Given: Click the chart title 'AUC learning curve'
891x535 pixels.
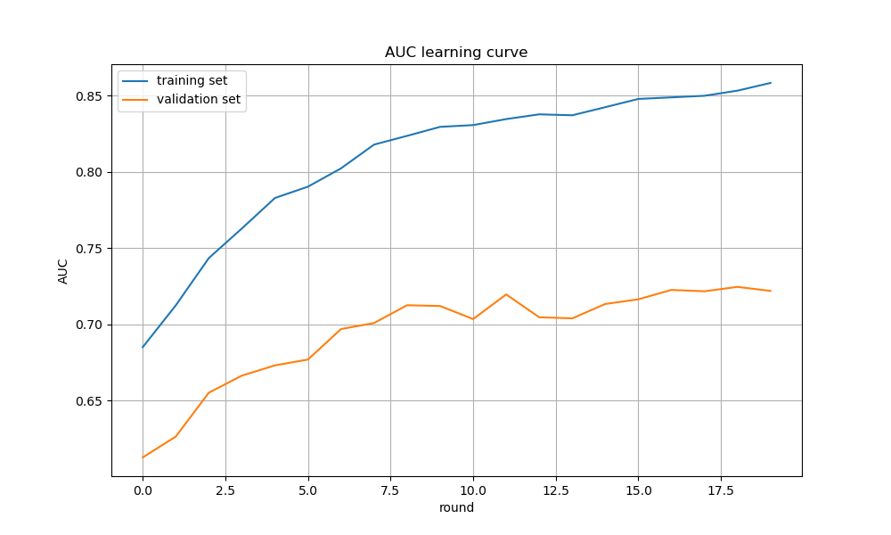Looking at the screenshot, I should [456, 53].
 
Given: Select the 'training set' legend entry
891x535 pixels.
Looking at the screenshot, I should [192, 81].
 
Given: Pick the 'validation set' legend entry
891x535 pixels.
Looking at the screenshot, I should [198, 100].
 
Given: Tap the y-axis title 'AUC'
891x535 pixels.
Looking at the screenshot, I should [63, 271].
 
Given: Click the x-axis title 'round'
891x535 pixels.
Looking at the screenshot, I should [456, 508].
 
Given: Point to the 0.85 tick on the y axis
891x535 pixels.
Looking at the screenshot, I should [90, 96].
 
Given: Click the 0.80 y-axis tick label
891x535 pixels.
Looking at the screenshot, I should [90, 172].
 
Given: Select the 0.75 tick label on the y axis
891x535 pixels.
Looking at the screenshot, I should [90, 249].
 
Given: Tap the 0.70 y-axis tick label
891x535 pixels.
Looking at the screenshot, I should [90, 325].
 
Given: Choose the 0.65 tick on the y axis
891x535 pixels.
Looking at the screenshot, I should [90, 401].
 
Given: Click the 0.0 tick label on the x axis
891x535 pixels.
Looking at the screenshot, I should [143, 490].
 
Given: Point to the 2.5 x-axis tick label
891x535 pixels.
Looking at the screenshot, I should [225, 490].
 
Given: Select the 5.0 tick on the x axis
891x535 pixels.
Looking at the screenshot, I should [308, 490].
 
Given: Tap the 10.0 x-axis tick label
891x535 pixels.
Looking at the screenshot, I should [473, 490].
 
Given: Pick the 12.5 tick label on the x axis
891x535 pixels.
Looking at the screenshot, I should [556, 490].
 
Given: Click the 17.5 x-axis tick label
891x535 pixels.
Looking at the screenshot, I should [721, 490].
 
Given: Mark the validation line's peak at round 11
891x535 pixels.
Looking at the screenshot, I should [506, 294].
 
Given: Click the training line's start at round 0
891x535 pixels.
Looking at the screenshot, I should [143, 347].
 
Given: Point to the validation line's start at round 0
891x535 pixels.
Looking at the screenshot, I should [143, 457].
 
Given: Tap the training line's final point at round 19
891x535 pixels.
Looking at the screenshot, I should [771, 83].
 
